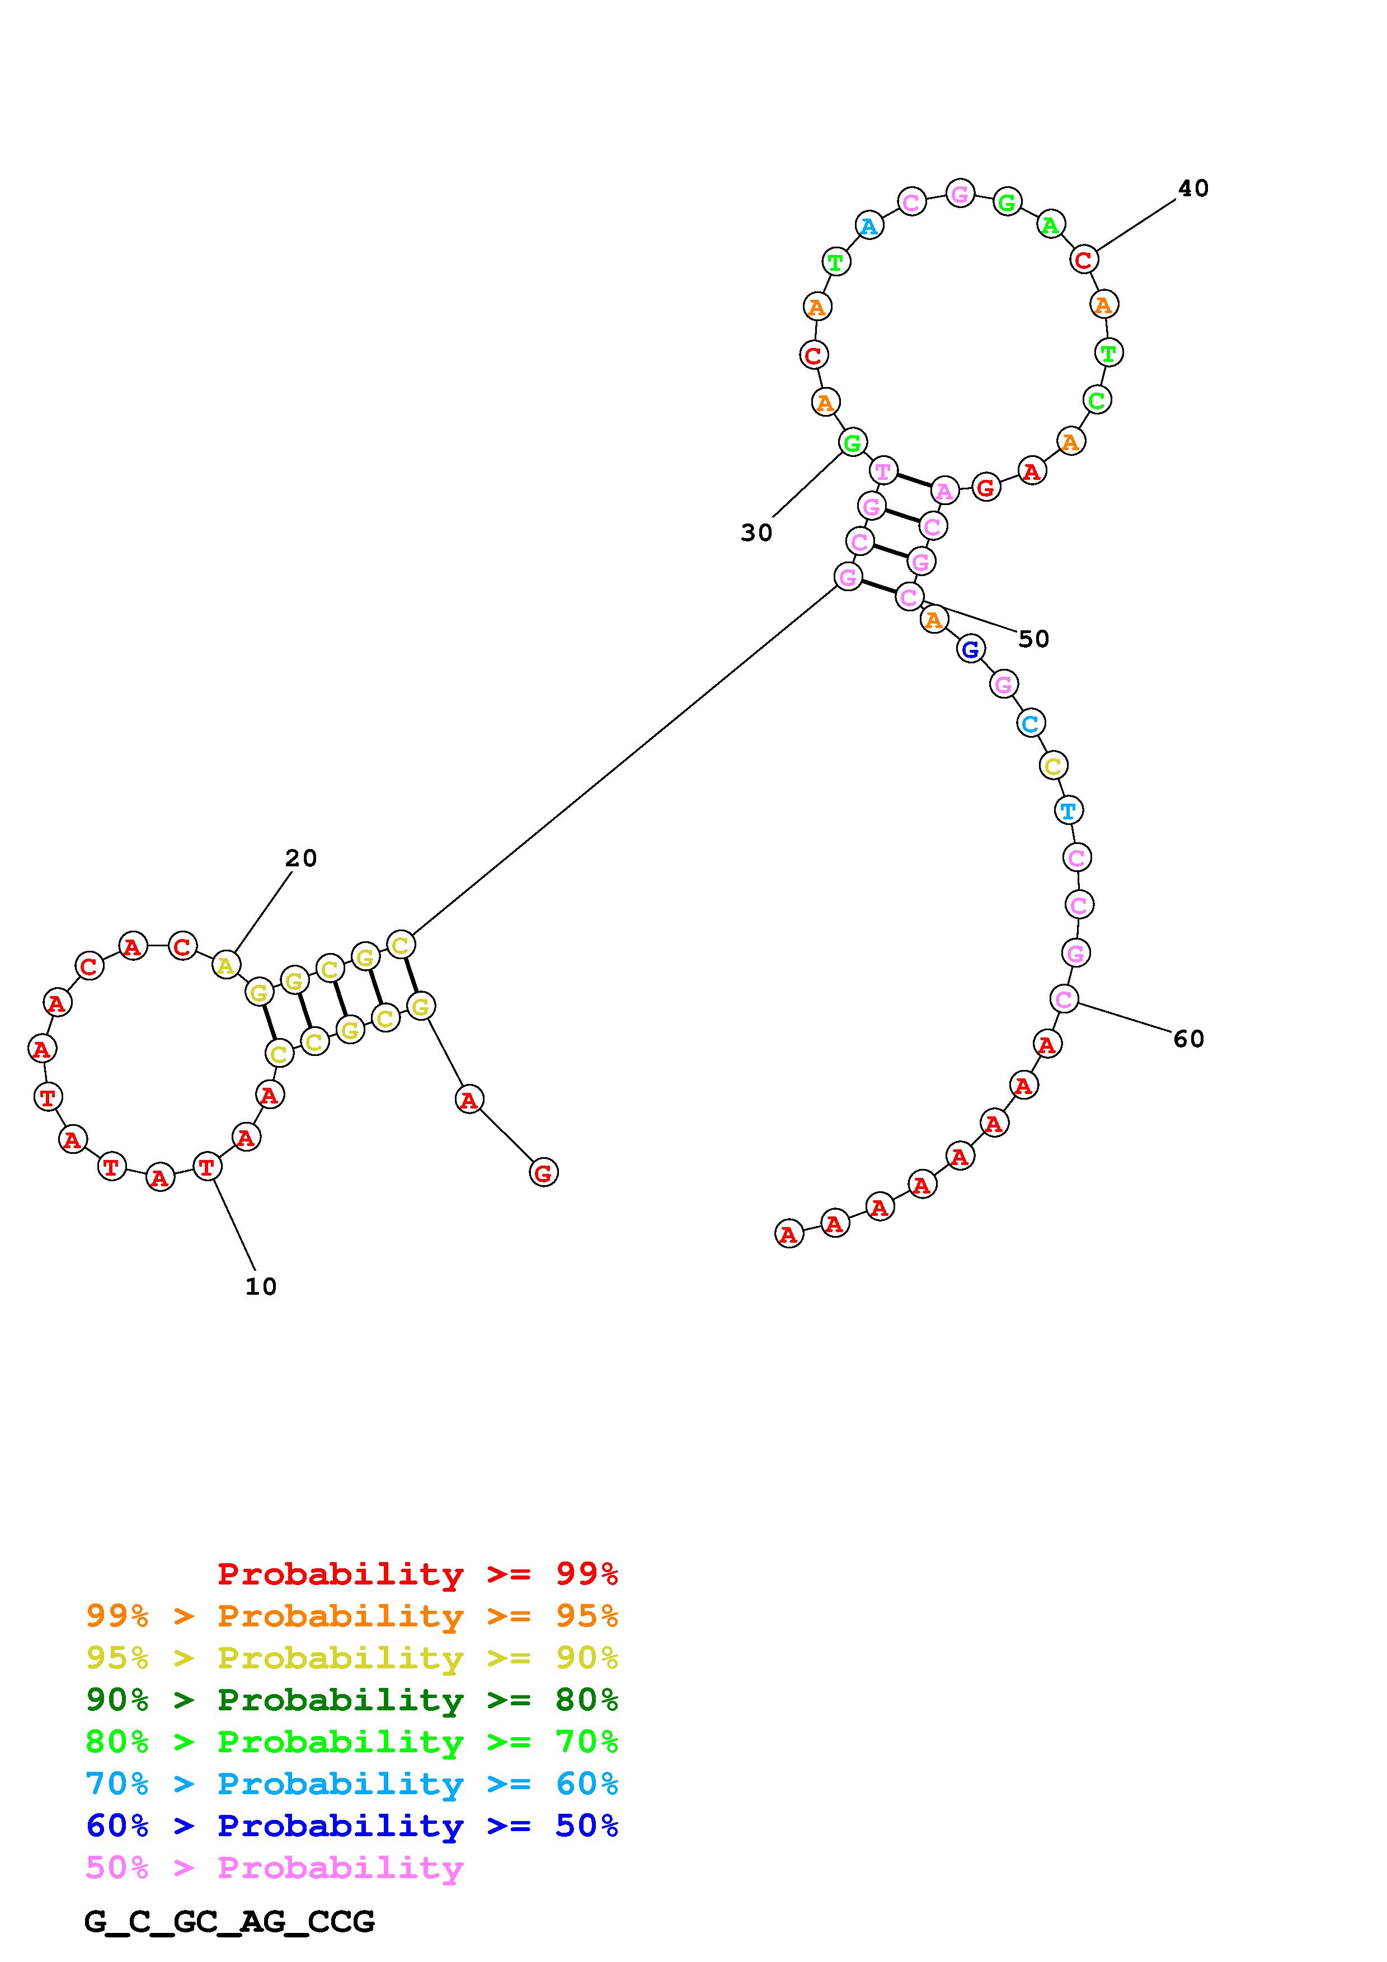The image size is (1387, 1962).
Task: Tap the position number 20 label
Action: point(301,858)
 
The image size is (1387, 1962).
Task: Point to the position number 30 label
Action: point(756,533)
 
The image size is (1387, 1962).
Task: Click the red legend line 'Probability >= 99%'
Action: point(418,1574)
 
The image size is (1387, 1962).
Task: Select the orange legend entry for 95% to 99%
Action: point(352,1616)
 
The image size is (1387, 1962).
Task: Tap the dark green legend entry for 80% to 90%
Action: point(352,1700)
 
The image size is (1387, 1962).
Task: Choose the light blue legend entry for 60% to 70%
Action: point(352,1784)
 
